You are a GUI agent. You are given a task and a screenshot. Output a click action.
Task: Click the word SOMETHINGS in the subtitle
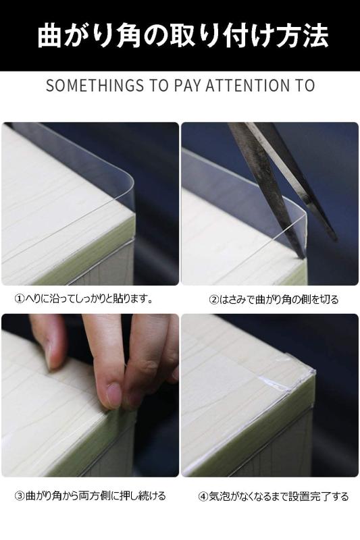pyautogui.click(x=95, y=86)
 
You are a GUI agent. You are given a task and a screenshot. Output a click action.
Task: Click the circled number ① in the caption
pyautogui.click(x=20, y=298)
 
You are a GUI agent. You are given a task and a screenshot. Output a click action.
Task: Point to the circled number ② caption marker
pyautogui.click(x=213, y=299)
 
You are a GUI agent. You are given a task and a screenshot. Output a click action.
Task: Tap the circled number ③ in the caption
pyautogui.click(x=20, y=496)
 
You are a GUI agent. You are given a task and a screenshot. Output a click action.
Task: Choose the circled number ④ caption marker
pyautogui.click(x=203, y=497)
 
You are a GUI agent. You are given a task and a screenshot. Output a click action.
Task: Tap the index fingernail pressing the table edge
pyautogui.click(x=113, y=394)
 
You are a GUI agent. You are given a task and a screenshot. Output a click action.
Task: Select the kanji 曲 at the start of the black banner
pyautogui.click(x=50, y=36)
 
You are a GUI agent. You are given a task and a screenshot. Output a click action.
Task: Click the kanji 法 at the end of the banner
pyautogui.click(x=314, y=36)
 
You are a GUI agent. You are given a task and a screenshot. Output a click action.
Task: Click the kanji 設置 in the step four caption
pyautogui.click(x=299, y=497)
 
